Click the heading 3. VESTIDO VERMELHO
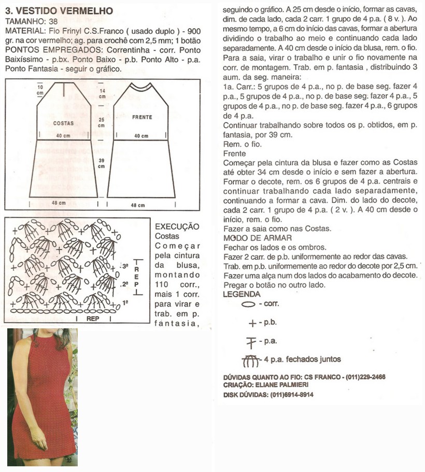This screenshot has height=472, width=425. tap(59, 11)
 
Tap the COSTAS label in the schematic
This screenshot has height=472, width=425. tap(63, 123)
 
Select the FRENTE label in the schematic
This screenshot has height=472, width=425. tap(142, 117)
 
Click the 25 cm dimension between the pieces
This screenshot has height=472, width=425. tap(102, 122)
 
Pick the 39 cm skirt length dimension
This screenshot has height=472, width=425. tap(102, 163)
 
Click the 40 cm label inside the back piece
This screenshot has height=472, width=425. tap(63, 136)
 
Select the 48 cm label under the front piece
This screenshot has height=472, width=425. tap(138, 205)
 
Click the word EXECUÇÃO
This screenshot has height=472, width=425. tap(177, 227)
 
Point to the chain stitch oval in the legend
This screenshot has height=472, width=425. tap(248, 304)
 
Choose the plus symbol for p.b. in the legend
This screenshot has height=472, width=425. tap(252, 324)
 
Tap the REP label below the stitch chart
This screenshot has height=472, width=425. tap(93, 319)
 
